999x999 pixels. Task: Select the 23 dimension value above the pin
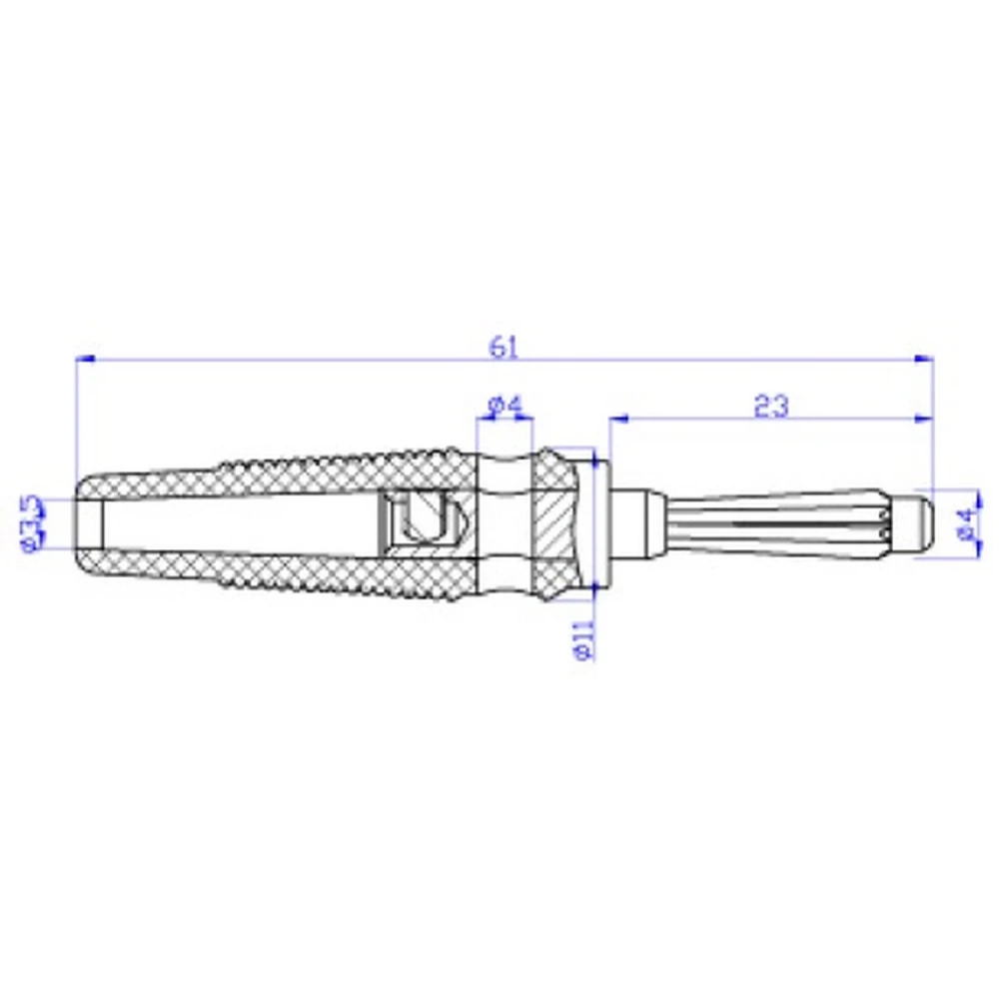[x=770, y=405]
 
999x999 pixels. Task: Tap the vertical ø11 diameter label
[x=585, y=639]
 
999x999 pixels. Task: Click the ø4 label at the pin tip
[x=964, y=522]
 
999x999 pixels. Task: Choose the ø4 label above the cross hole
[x=504, y=406]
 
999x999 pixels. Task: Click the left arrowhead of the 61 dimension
[x=85, y=358]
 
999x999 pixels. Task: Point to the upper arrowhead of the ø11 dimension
[x=595, y=458]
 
